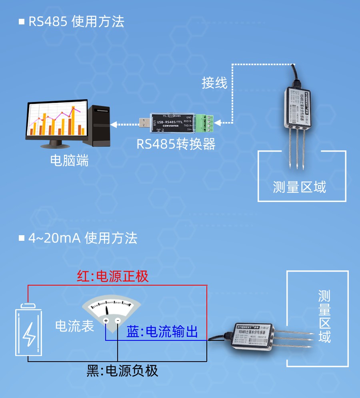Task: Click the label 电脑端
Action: tap(69, 160)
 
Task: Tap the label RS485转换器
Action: tap(176, 144)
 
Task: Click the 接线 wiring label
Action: tap(214, 83)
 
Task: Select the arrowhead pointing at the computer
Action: tap(114, 124)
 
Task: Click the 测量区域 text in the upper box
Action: tap(300, 187)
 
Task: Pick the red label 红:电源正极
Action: tap(113, 276)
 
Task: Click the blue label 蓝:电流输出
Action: tap(162, 332)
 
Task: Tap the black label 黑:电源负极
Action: tap(122, 371)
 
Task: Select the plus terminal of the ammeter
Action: tap(106, 320)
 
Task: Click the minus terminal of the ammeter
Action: tap(118, 320)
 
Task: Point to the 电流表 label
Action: tap(74, 326)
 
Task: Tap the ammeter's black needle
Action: tap(108, 310)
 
